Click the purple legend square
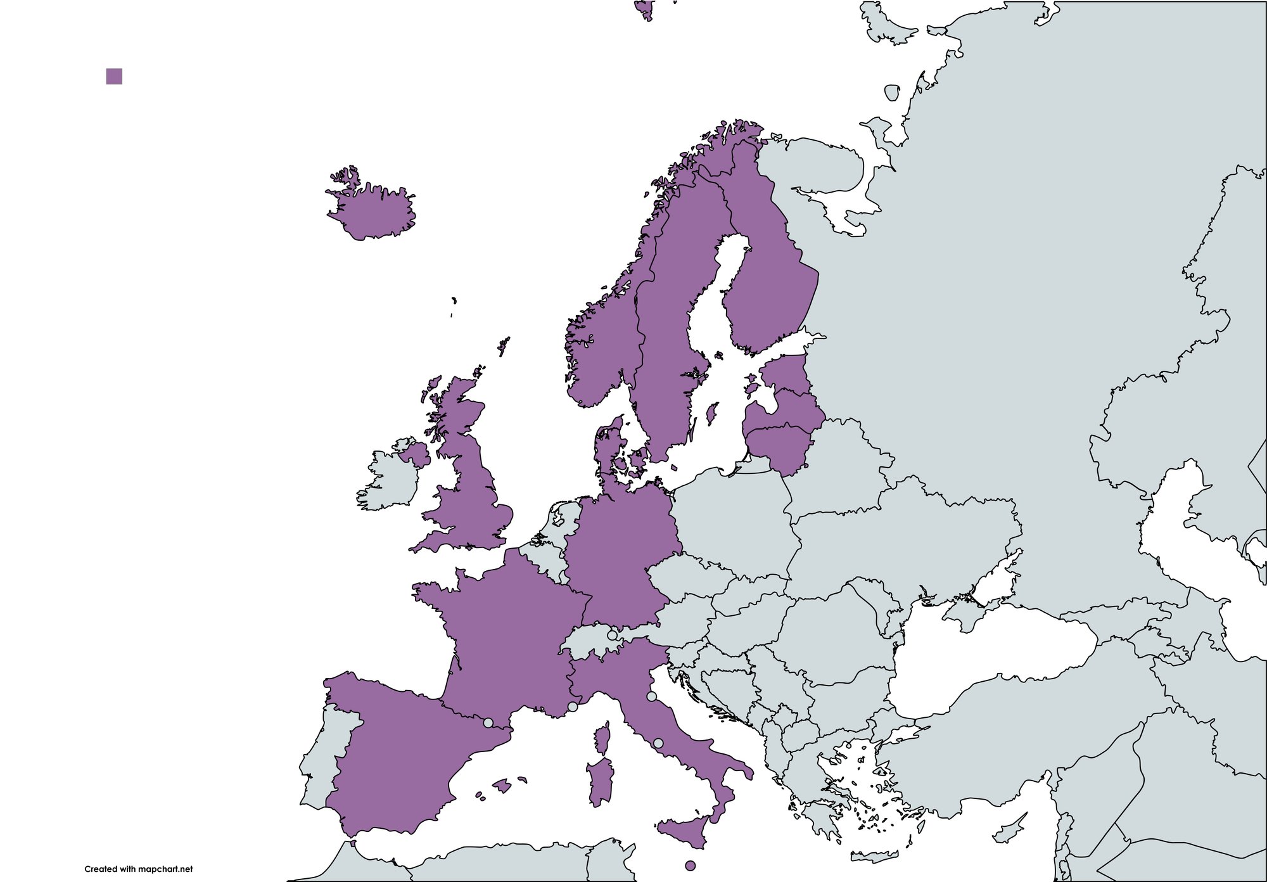click(x=114, y=77)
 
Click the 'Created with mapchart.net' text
click(x=138, y=869)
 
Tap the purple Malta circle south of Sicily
click(x=691, y=866)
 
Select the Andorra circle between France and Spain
click(x=488, y=722)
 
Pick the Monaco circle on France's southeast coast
click(x=573, y=706)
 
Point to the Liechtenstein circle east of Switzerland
click(x=612, y=635)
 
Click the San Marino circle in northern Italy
click(x=651, y=696)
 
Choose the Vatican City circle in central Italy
click(x=658, y=743)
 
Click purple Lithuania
click(x=779, y=447)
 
